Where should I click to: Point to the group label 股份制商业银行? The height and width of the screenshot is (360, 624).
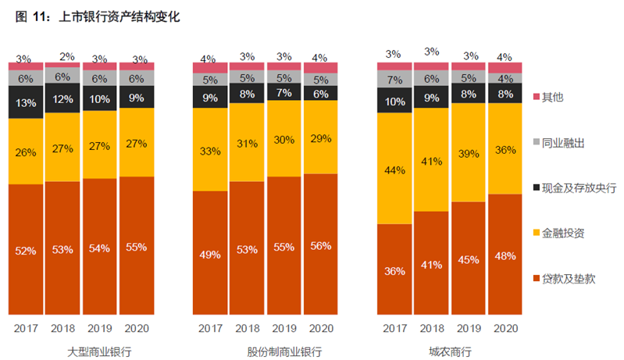[265, 351]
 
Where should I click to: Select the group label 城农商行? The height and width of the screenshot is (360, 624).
[449, 351]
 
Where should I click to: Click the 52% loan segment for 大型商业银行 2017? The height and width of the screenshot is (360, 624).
[26, 250]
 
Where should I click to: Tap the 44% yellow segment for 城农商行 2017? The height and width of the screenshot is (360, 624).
[394, 169]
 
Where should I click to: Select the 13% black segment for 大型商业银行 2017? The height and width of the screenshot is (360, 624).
[26, 102]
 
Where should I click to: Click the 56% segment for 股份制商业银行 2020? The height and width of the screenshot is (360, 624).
[320, 245]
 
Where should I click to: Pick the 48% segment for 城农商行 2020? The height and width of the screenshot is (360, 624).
[505, 255]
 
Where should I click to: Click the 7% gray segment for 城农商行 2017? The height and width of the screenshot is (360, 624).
[394, 79]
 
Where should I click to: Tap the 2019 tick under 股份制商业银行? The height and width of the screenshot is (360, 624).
[283, 329]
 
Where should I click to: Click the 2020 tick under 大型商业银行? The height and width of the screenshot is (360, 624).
[136, 329]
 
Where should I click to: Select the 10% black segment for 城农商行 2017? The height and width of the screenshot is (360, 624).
[394, 101]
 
